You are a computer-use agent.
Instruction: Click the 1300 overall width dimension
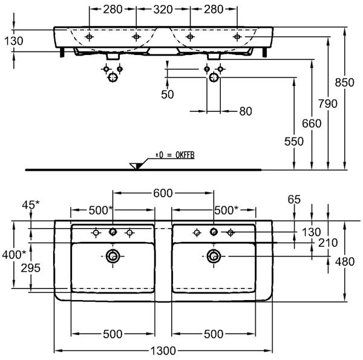163,351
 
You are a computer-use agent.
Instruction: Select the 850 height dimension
344,82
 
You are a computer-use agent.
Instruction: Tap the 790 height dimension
327,103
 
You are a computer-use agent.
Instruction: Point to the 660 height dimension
312,123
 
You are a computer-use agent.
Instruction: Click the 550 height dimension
294,141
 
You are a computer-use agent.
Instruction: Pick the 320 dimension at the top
163,10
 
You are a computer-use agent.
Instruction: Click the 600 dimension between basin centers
163,193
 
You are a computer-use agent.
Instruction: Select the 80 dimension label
246,111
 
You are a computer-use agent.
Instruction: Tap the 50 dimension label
168,94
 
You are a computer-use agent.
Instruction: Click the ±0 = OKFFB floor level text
175,155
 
